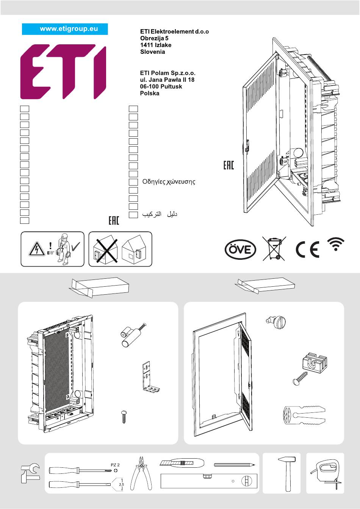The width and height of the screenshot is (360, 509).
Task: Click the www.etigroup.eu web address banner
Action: click(x=65, y=29)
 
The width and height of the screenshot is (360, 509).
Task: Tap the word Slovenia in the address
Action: click(x=152, y=52)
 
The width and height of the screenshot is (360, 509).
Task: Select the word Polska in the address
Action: click(x=150, y=93)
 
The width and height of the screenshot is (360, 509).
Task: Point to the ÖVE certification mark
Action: click(x=240, y=250)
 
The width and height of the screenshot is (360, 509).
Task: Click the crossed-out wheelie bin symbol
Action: click(x=274, y=248)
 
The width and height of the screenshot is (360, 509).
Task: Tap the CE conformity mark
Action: click(x=307, y=249)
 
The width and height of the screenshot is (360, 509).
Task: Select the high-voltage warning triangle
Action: click(x=37, y=249)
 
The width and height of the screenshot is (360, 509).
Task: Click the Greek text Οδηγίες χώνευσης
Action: click(x=169, y=182)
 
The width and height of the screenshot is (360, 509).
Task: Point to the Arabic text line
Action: click(x=160, y=215)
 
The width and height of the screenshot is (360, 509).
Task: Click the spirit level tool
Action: click(x=209, y=481)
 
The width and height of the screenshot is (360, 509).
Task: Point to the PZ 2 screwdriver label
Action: click(x=115, y=464)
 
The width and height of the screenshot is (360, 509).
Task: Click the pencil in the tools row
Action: click(x=234, y=464)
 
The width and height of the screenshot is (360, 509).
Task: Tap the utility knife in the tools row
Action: click(x=182, y=463)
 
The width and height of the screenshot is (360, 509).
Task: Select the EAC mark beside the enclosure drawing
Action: click(x=229, y=165)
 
